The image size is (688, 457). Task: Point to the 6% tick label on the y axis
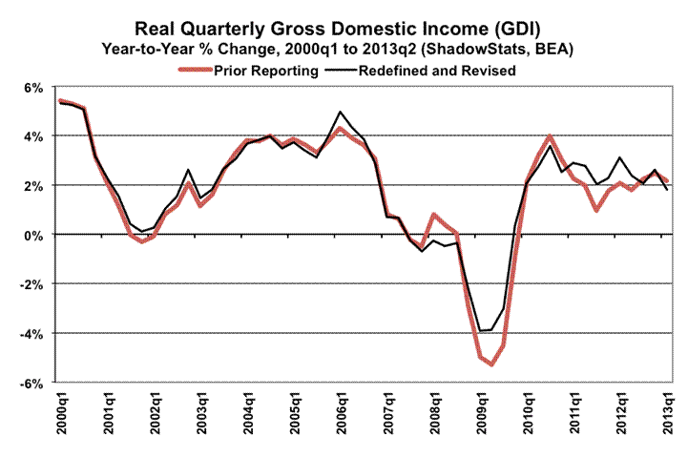(x=32, y=88)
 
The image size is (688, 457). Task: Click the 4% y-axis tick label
(x=32, y=136)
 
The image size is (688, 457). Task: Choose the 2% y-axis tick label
(x=32, y=185)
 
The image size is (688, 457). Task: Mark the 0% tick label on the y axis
(x=32, y=235)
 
